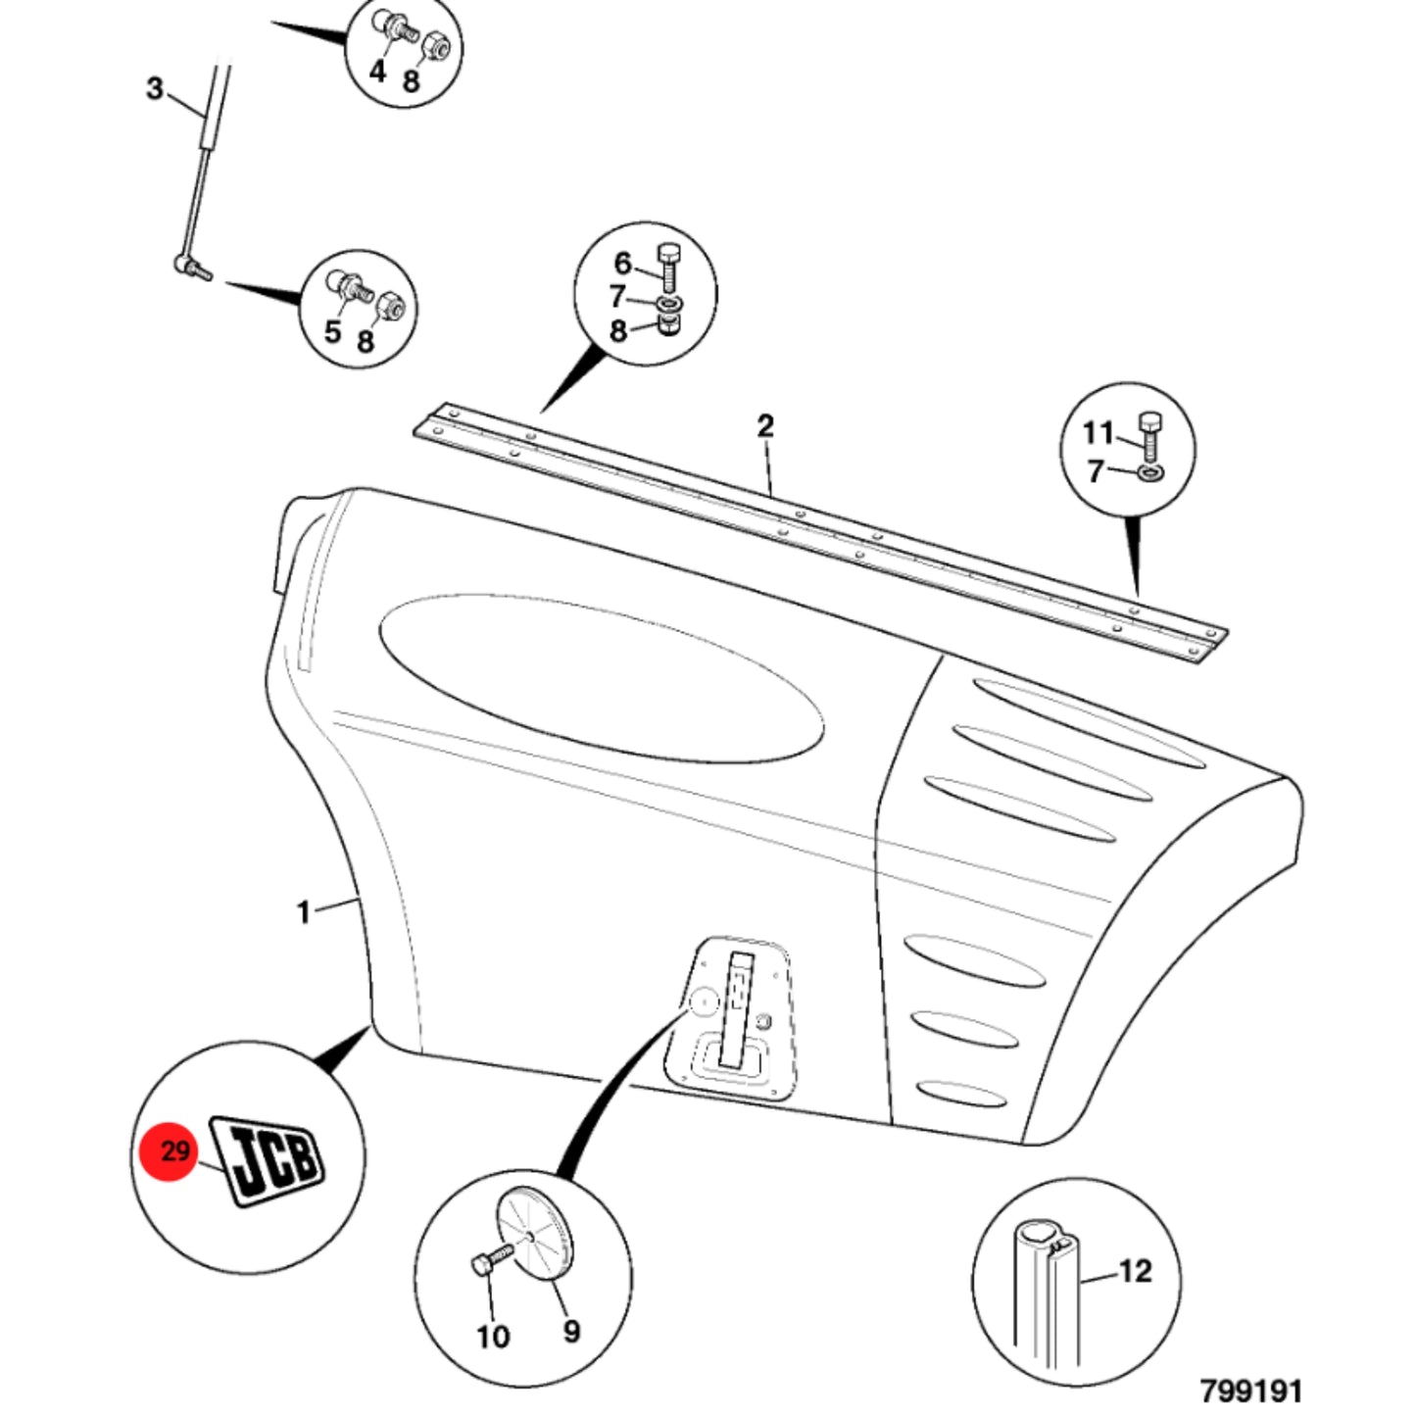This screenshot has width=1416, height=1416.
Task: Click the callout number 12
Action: pos(1136,1271)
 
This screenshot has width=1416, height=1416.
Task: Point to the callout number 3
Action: pos(154,89)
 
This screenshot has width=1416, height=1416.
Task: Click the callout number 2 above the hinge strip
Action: pos(765,425)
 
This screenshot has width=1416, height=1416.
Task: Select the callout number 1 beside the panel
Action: pos(304,913)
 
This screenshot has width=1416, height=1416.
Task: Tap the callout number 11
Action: pos(1099,433)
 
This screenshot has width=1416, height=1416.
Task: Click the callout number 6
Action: pos(622,263)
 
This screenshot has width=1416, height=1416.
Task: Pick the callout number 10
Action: pos(493,1337)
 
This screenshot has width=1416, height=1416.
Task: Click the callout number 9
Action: pos(571,1331)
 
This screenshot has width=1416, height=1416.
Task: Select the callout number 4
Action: pos(377,72)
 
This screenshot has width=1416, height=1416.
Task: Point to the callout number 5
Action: pos(332,332)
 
